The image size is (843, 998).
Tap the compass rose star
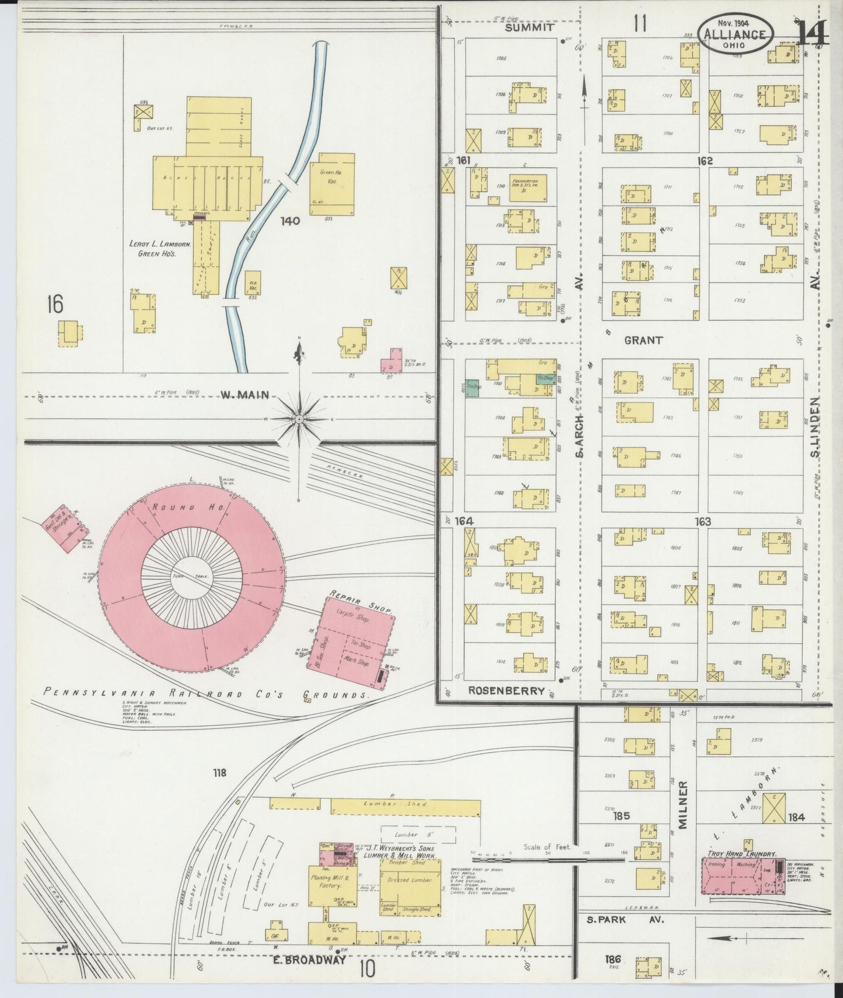click(x=299, y=419)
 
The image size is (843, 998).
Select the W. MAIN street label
click(x=244, y=395)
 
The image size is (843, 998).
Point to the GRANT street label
click(x=643, y=340)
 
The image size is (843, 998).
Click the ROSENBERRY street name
click(x=506, y=691)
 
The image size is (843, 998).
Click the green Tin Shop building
click(x=474, y=387)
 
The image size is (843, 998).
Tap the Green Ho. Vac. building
click(x=332, y=183)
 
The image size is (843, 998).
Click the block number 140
click(x=289, y=221)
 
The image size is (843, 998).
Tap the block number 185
click(x=621, y=816)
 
